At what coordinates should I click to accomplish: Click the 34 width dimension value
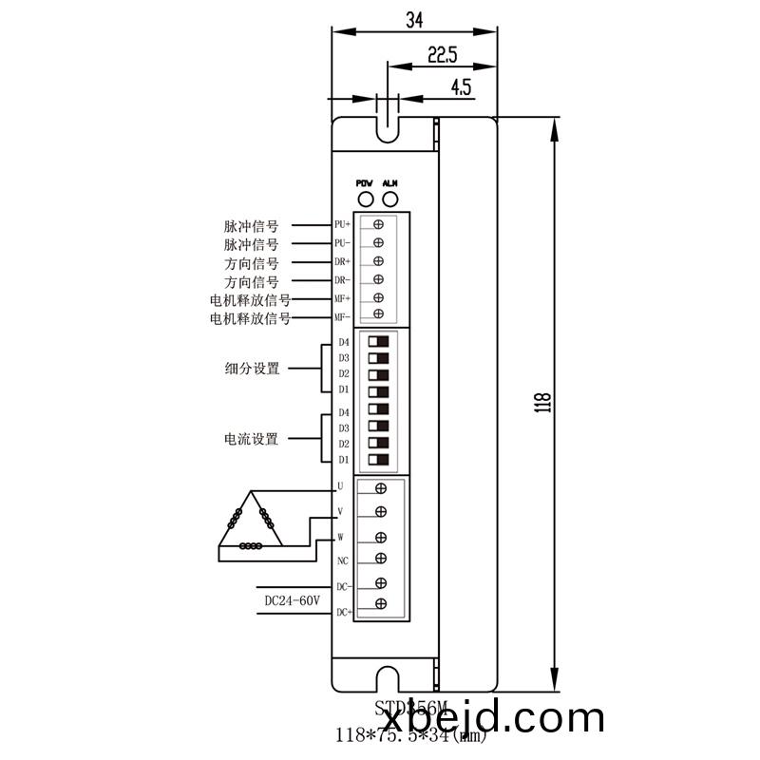(x=414, y=20)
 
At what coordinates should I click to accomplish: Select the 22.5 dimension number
(x=442, y=54)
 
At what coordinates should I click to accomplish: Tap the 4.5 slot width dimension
(x=461, y=87)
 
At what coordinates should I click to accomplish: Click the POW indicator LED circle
(x=364, y=199)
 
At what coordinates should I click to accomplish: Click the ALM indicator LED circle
(x=389, y=199)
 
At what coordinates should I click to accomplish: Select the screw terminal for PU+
(x=378, y=225)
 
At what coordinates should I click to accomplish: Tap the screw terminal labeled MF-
(x=378, y=314)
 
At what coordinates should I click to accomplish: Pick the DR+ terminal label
(x=342, y=261)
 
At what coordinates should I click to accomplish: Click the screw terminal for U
(x=380, y=489)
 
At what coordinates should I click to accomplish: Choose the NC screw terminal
(x=380, y=559)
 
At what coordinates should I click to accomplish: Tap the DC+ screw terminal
(x=380, y=604)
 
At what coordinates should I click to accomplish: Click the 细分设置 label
(x=252, y=368)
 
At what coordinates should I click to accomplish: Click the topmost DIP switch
(x=379, y=341)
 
